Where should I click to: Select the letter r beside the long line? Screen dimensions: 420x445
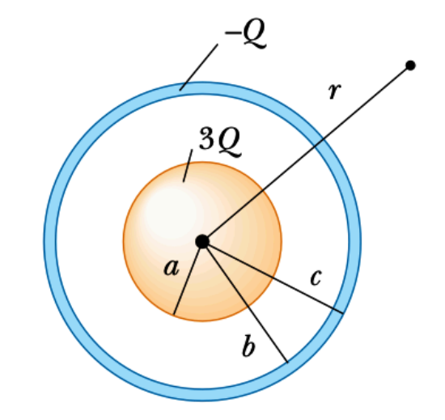[x=333, y=91]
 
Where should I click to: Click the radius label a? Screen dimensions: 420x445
[x=170, y=268]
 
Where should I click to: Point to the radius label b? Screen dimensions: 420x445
[x=249, y=349]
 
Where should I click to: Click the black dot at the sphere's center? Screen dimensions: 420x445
[x=202, y=241]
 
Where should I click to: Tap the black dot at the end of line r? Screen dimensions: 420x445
[x=410, y=65]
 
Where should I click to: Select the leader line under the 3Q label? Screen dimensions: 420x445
[x=188, y=165]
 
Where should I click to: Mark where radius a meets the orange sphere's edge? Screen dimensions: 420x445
[x=173, y=315]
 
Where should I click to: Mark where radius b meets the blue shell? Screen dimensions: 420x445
[x=286, y=360]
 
